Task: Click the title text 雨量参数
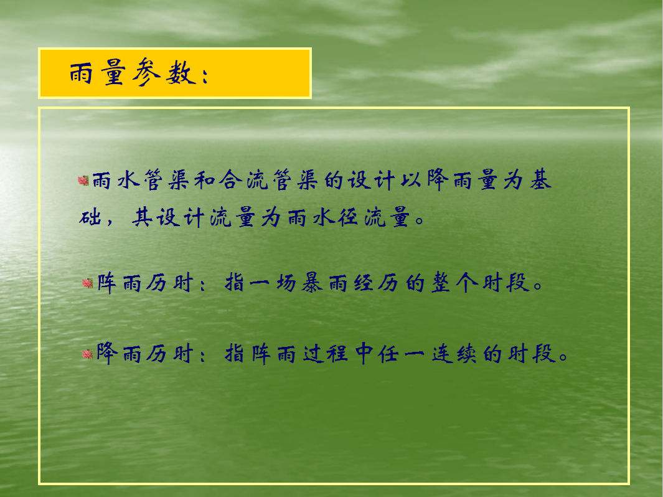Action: pyautogui.click(x=133, y=72)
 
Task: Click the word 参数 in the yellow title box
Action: pyautogui.click(x=164, y=72)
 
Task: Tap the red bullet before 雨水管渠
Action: pyautogui.click(x=83, y=181)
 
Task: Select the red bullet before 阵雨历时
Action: pyautogui.click(x=88, y=283)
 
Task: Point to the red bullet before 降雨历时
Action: pyautogui.click(x=88, y=354)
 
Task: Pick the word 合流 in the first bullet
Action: pyautogui.click(x=243, y=180)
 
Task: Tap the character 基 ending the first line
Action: pyautogui.click(x=540, y=180)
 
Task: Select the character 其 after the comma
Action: pyautogui.click(x=142, y=217)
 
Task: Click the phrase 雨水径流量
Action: pyautogui.click(x=349, y=217)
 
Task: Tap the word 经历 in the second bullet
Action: pyautogui.click(x=376, y=283)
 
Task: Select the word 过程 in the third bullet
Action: pyautogui.click(x=325, y=354)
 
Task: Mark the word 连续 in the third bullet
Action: pyautogui.click(x=454, y=354)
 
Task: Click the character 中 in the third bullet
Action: pyautogui.click(x=364, y=354)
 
